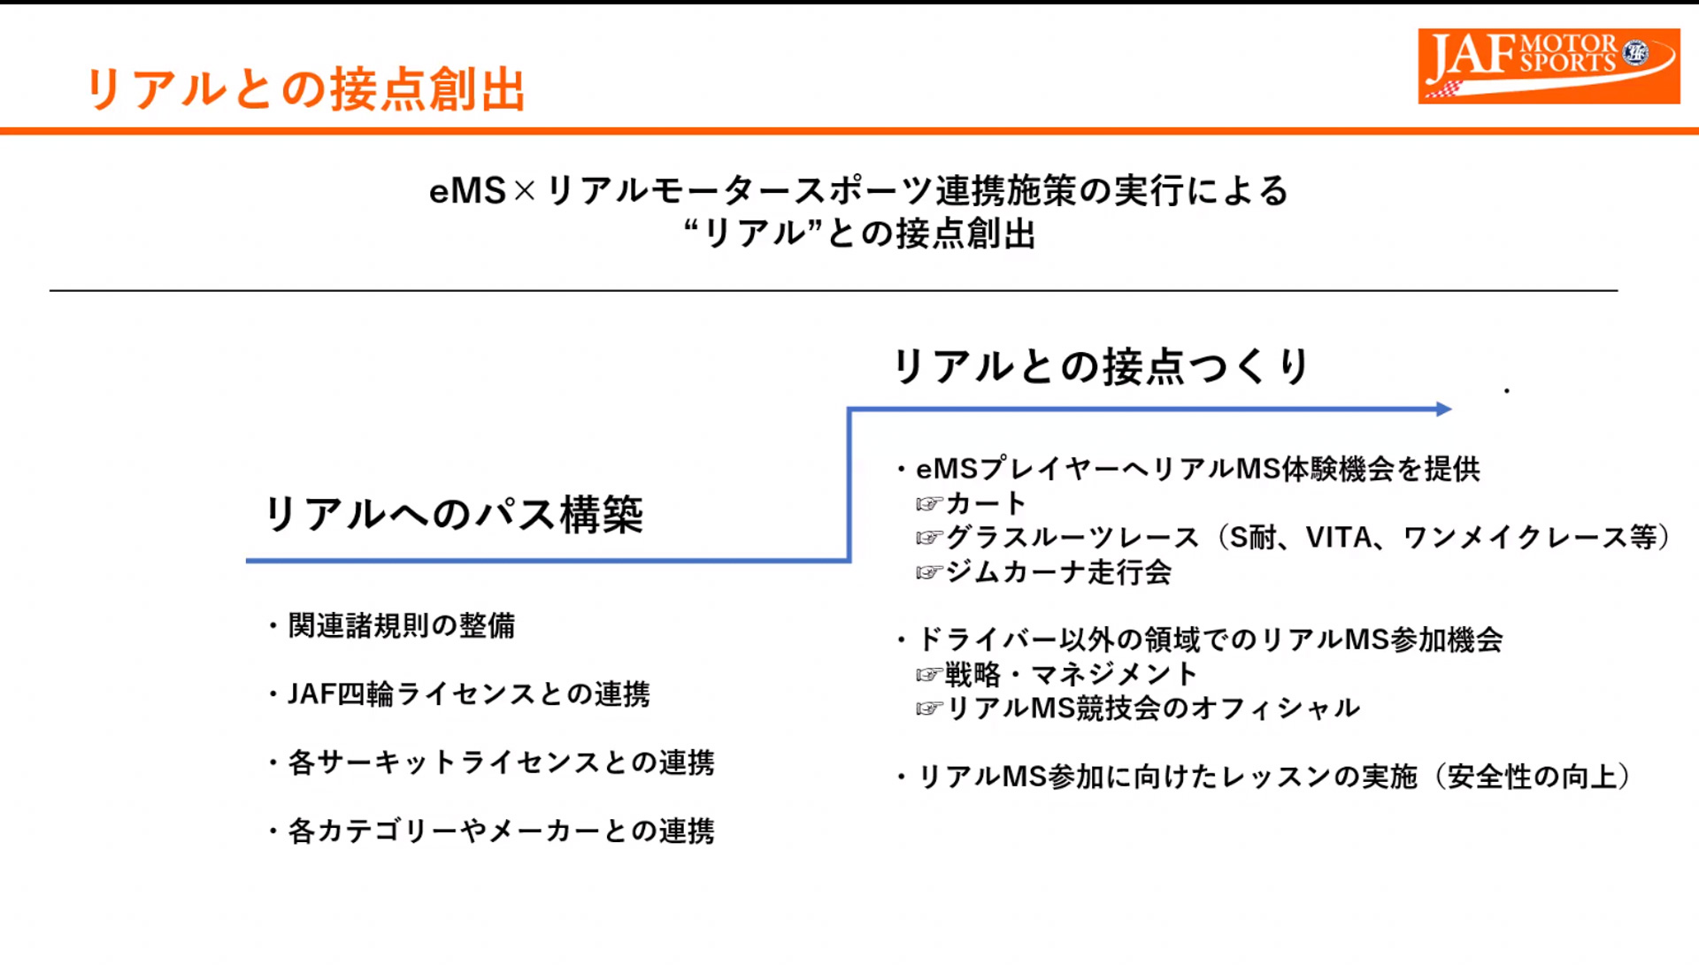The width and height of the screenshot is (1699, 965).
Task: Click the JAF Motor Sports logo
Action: [1548, 65]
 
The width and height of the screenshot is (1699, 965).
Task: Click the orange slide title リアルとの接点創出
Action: [305, 90]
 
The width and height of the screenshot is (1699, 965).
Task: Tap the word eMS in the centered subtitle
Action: [467, 192]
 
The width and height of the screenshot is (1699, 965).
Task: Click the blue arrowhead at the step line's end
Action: [1443, 409]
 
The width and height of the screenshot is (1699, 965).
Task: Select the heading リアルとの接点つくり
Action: [1101, 366]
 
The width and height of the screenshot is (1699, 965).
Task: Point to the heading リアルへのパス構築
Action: [455, 515]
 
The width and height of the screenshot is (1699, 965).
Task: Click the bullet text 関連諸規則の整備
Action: [402, 626]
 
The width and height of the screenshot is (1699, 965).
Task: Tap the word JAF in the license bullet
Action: [311, 694]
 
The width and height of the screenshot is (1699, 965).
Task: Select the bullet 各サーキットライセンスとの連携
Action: [501, 762]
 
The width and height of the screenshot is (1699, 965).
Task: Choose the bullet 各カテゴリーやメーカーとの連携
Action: [501, 831]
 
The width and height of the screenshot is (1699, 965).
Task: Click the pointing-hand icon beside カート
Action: [928, 504]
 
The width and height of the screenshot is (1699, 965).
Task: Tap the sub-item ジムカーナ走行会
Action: [1058, 572]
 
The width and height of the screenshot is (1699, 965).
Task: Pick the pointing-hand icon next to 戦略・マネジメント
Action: [928, 676]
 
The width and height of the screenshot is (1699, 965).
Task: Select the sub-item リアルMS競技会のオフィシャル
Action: [1153, 708]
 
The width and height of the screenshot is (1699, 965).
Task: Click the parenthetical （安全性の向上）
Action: [1534, 777]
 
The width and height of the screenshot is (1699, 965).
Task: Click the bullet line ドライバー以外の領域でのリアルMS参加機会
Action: [1210, 640]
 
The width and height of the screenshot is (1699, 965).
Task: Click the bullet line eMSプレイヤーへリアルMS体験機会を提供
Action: [1197, 469]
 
